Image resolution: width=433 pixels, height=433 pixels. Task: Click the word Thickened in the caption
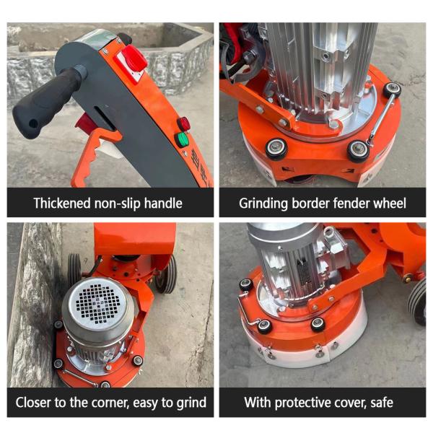tap(62, 204)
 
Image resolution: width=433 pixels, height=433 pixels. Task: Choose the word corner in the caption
tap(110, 403)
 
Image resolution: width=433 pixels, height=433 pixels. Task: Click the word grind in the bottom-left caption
tap(191, 403)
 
